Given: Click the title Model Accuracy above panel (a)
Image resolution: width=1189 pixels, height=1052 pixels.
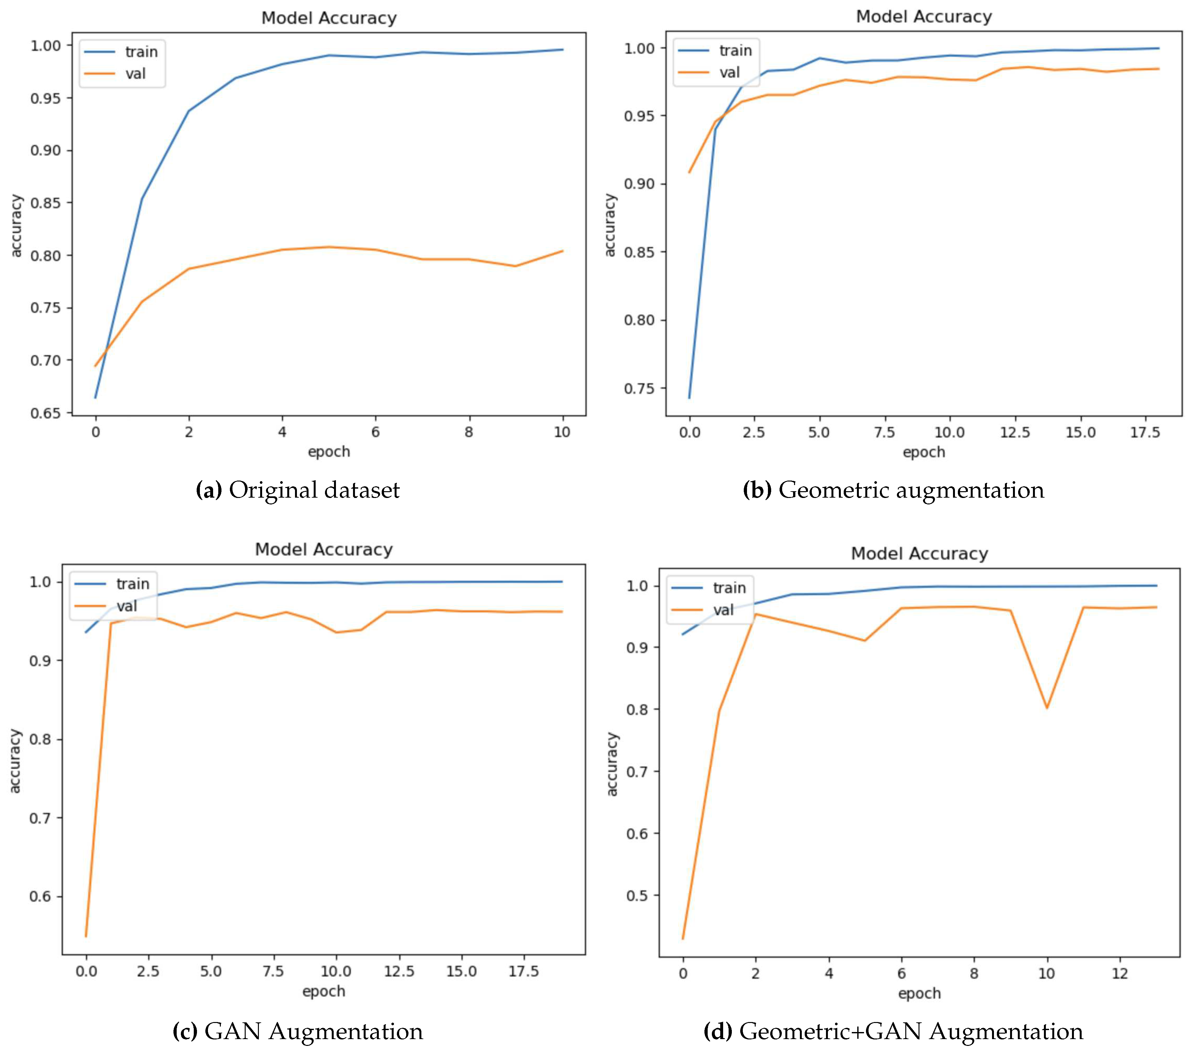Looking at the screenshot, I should tap(329, 18).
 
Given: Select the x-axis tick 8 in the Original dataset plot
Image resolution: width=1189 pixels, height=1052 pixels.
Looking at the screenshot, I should tap(468, 432).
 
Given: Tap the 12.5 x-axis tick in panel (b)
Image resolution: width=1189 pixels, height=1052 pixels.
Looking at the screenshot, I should tap(1015, 433).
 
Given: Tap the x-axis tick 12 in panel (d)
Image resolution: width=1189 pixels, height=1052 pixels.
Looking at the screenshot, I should tap(1120, 973).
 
